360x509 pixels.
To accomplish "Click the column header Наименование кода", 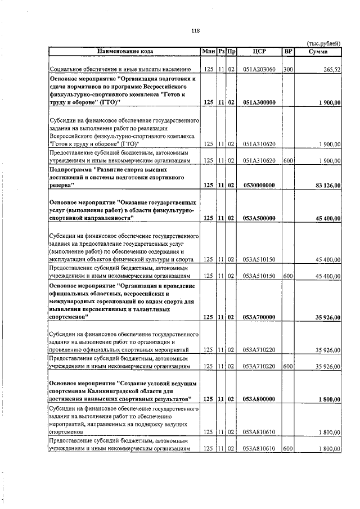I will coord(124,52).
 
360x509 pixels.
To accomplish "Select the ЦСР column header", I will coord(259,52).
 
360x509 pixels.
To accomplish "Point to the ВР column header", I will coord(288,52).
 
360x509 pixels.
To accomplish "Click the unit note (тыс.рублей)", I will coord(323,43).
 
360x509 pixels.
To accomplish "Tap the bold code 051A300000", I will coord(259,103).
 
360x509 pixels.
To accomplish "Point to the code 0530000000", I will coord(259,185).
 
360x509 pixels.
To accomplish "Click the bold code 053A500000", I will coord(259,218).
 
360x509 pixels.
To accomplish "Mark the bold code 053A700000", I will coord(259,318).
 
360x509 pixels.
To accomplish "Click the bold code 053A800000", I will coord(259,399).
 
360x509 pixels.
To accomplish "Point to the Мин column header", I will coord(208,52).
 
